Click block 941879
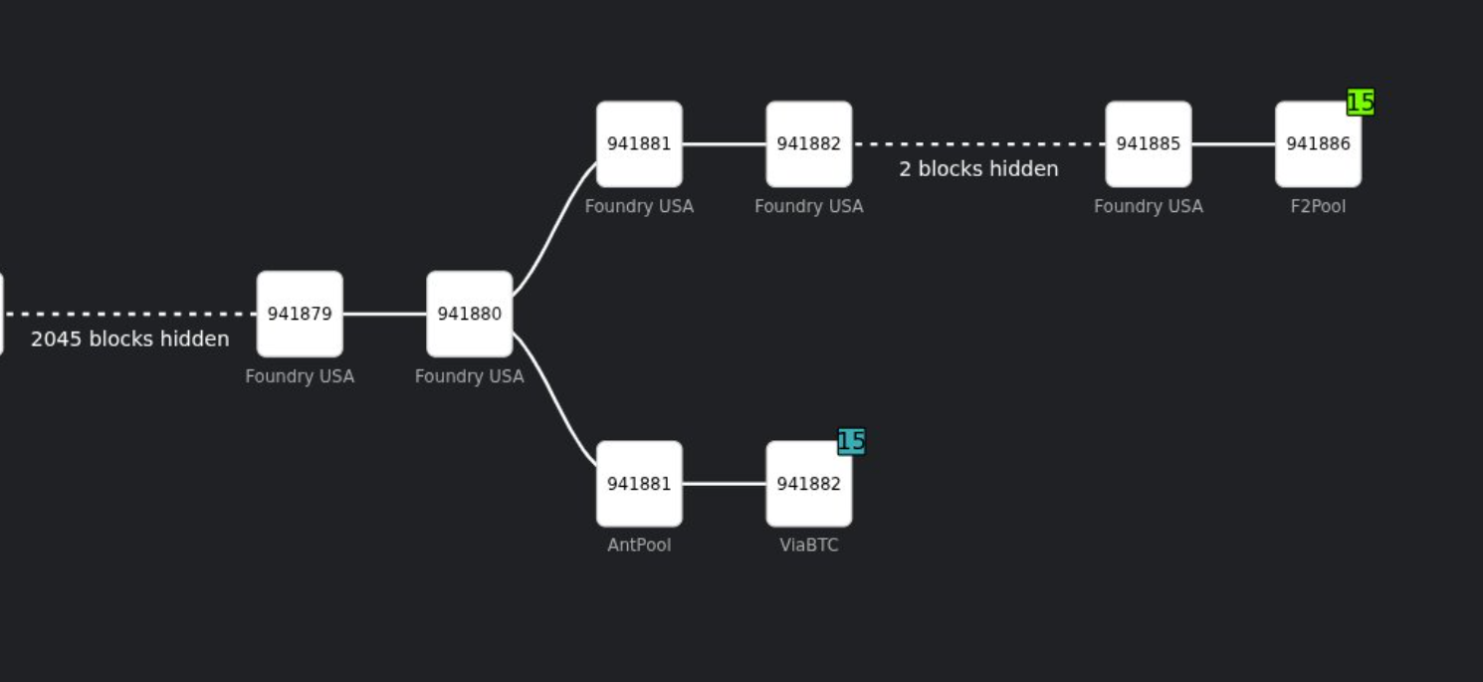pos(300,314)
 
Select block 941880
pos(470,314)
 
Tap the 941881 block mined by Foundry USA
pos(639,143)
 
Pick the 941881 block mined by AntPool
pos(639,484)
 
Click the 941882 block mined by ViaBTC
pos(808,484)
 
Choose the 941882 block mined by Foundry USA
pos(808,143)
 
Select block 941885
pos(1148,143)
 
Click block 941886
pos(1318,143)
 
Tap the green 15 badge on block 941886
pos(1361,102)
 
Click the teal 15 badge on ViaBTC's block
pos(851,441)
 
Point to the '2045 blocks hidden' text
pos(130,339)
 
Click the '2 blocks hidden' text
pos(978,169)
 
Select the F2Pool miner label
pos(1318,206)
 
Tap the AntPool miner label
pos(639,546)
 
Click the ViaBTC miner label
pos(808,546)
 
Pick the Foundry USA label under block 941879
pos(300,376)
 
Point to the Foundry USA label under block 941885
pos(1148,206)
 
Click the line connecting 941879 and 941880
pos(384,314)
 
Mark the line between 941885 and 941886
pos(1233,143)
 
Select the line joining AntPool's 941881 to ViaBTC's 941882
pos(724,484)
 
